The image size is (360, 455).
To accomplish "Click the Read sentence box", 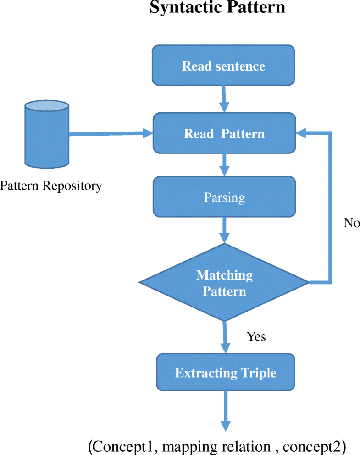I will click(223, 66).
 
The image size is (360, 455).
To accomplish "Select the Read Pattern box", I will click(223, 133).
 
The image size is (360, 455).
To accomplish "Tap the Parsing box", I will click(223, 197).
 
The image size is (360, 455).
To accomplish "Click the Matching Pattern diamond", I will click(224, 283).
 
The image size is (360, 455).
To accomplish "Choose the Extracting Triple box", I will click(225, 372).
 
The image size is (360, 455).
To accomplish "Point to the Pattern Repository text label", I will click(51, 186).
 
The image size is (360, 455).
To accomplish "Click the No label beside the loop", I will click(352, 223).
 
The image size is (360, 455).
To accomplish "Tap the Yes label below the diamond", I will click(256, 337).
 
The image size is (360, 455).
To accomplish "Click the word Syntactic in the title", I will click(183, 8).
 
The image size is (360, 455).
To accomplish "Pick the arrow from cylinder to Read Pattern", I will click(110, 134).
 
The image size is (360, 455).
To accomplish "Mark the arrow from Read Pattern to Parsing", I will click(224, 165).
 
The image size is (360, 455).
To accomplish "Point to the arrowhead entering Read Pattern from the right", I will click(301, 133).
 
